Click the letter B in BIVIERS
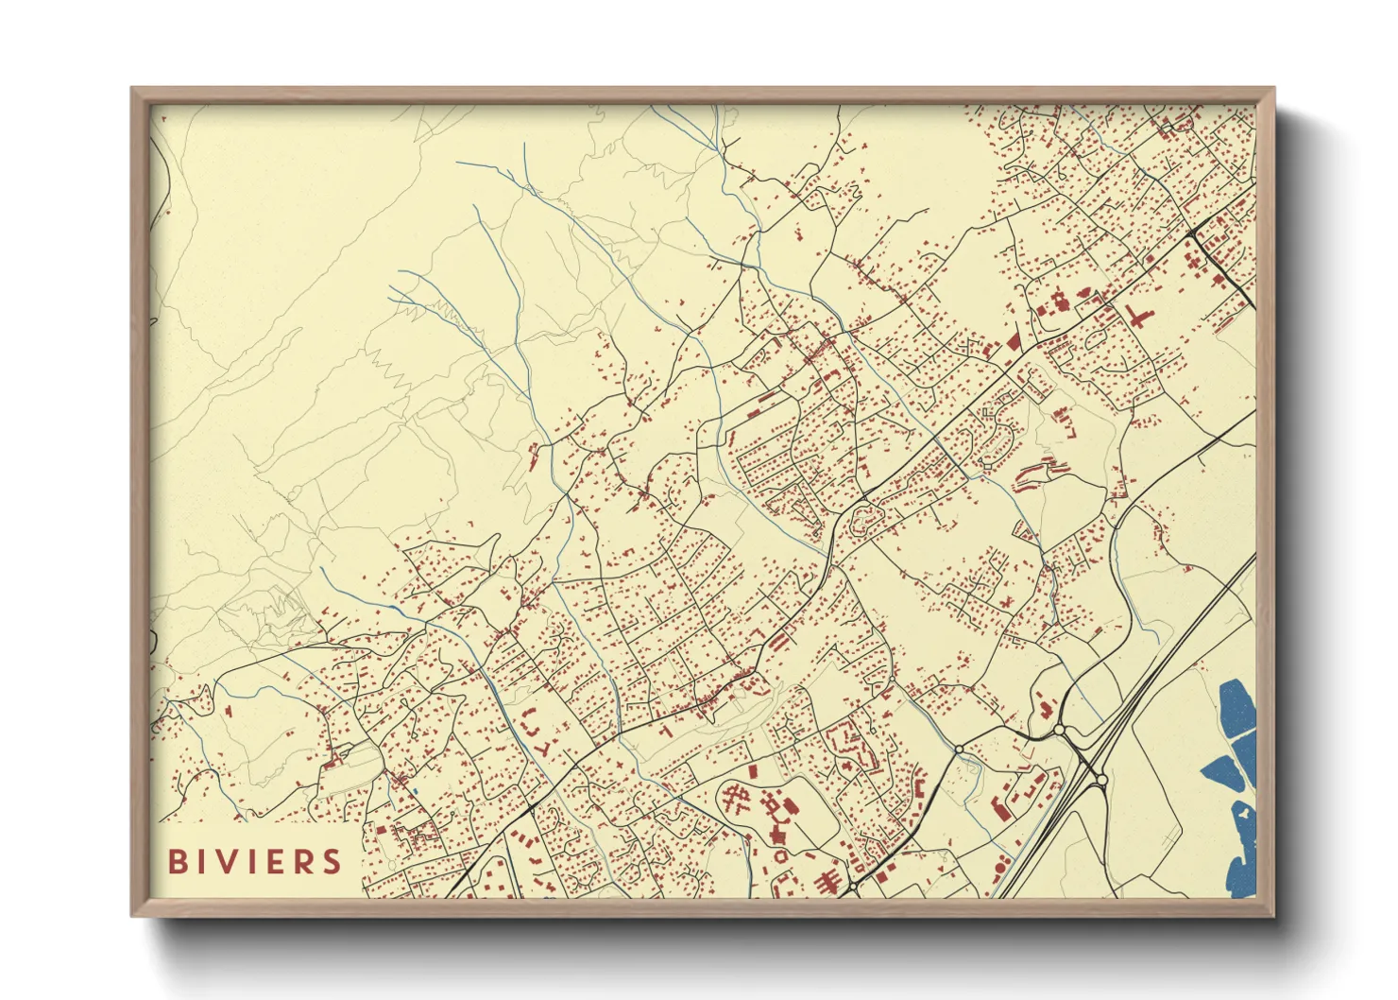(176, 861)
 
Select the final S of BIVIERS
(332, 861)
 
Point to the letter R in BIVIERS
(304, 861)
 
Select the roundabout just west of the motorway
(1059, 730)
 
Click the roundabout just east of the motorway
(1100, 780)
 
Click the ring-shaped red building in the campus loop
(781, 853)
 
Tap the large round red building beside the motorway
(1001, 868)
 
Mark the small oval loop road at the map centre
(863, 519)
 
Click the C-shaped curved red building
(536, 733)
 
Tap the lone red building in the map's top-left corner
(163, 118)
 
